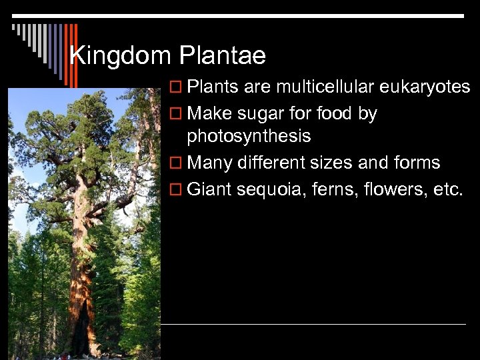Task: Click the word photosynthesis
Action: pyautogui.click(x=249, y=137)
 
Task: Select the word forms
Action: pyautogui.click(x=417, y=163)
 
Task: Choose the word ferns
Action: pyautogui.click(x=336, y=189)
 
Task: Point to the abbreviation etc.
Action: pyautogui.click(x=447, y=189)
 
